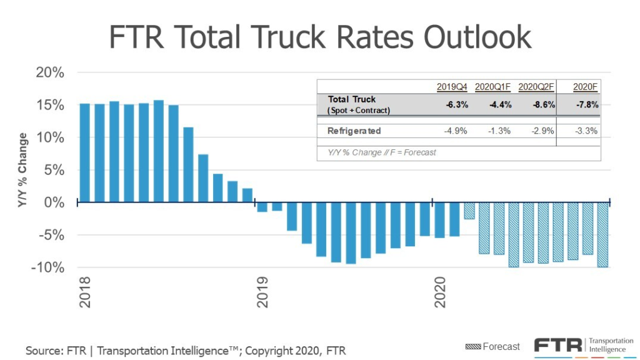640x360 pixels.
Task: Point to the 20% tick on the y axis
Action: (x=49, y=72)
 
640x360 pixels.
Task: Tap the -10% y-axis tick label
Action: (x=47, y=267)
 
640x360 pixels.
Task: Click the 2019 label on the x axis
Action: (x=262, y=292)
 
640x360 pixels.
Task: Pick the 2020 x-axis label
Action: (x=441, y=292)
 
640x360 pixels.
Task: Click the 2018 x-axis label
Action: (x=85, y=292)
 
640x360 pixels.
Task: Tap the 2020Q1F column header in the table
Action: (x=494, y=87)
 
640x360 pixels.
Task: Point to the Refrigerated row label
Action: (x=354, y=131)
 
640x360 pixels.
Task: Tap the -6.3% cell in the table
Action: (x=454, y=104)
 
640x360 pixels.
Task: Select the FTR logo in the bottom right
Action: (x=559, y=345)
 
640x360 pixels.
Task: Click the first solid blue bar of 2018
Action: (x=84, y=153)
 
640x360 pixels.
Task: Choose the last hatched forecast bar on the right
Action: (x=602, y=235)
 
